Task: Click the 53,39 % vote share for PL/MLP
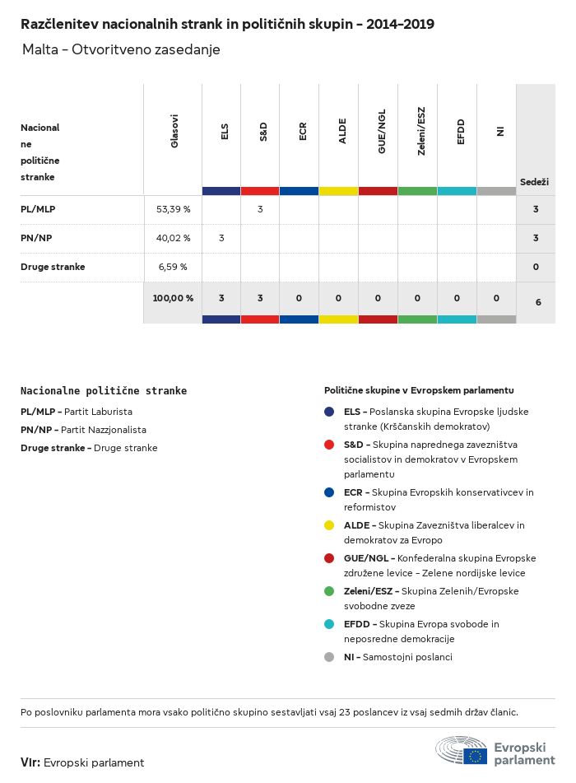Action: click(x=173, y=209)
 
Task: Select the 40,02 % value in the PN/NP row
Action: click(x=173, y=238)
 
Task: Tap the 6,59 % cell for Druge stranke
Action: click(x=173, y=267)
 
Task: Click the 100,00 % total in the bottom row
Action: click(x=173, y=298)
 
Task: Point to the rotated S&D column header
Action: click(x=263, y=132)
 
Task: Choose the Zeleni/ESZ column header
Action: click(x=421, y=132)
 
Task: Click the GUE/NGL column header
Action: click(x=382, y=132)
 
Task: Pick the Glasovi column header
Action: click(x=174, y=132)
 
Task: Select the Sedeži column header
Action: click(x=534, y=182)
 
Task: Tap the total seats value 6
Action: click(x=538, y=302)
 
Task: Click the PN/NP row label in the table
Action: click(x=36, y=238)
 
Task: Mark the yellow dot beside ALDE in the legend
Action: click(x=329, y=525)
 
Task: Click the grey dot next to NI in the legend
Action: click(x=329, y=657)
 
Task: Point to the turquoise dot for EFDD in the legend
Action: click(x=329, y=624)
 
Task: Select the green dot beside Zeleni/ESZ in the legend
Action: click(x=329, y=591)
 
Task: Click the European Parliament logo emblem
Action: click(x=461, y=750)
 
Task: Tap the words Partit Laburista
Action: click(x=98, y=412)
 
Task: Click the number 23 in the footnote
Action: click(x=345, y=712)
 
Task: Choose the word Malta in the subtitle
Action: click(x=40, y=49)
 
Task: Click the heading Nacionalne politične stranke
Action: click(x=104, y=390)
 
